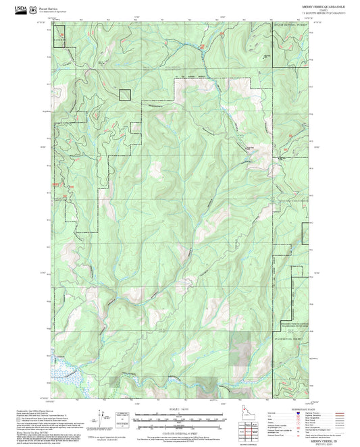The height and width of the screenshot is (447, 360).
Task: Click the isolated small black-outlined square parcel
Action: (125, 95)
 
